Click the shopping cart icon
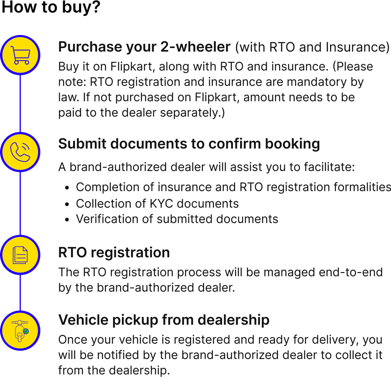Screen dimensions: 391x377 20,55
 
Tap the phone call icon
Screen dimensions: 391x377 20,152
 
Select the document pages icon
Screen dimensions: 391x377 20,255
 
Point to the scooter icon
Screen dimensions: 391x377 20,331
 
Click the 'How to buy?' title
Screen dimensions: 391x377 51,7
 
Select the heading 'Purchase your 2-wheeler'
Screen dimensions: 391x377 144,47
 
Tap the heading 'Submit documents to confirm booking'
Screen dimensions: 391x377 189,144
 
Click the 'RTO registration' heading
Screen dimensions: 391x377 114,252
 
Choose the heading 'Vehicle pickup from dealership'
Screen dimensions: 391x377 164,320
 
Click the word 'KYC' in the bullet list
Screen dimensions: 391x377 161,204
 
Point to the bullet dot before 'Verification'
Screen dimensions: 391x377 67,220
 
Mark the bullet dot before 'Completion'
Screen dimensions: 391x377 67,188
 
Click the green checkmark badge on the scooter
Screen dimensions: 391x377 26,331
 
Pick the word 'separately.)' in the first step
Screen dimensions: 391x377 192,113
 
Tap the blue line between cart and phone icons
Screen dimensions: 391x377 20,104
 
